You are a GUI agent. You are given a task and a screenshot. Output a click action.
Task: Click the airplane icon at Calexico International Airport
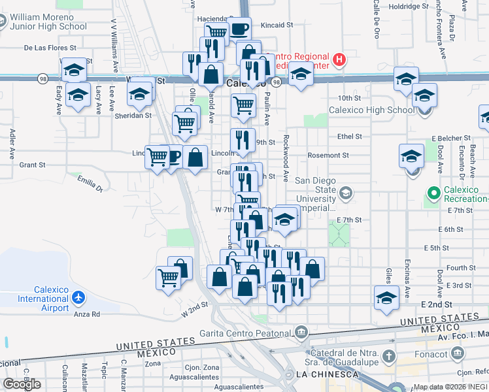[79, 298]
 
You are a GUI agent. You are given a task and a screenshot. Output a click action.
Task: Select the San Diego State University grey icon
[346, 193]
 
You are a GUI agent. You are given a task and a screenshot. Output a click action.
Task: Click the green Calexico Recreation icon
[433, 193]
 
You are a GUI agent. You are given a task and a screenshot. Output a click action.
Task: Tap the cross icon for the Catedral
[389, 356]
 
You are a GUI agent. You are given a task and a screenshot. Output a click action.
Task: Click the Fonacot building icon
[458, 353]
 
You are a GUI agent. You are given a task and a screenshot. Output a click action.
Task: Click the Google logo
[22, 384]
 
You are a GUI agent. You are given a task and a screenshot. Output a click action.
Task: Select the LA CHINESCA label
[327, 374]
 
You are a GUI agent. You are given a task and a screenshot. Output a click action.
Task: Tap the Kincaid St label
[277, 25]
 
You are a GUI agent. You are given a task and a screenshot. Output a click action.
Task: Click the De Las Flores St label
[50, 48]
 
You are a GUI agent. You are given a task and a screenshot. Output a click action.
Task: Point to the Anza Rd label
[86, 314]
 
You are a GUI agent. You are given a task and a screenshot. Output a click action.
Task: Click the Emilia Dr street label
[90, 185]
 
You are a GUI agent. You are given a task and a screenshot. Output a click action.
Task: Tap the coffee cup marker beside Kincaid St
[239, 29]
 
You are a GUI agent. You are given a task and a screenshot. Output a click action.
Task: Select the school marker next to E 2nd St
[386, 297]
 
